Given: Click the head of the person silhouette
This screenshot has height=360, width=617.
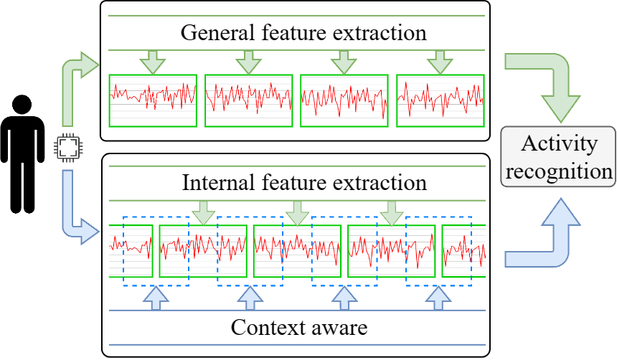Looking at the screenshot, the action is point(22,105).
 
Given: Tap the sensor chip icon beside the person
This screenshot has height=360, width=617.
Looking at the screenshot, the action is point(68,148).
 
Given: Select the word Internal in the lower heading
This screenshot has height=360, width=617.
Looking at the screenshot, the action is point(218,183).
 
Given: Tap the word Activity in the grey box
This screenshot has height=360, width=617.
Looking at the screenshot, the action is point(559,144).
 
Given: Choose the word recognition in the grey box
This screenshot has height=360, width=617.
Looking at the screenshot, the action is point(559,171).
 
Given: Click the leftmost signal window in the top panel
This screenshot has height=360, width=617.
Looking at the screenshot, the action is point(153,100).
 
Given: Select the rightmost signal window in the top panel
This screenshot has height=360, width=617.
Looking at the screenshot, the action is point(441,100).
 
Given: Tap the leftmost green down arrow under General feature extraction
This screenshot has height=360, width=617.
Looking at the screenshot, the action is point(153,62).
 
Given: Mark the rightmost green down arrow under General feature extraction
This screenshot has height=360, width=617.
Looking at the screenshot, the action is point(440,62).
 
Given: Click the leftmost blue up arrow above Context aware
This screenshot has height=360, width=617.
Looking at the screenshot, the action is point(156,298).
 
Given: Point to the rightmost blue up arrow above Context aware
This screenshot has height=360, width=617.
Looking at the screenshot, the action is point(438,298).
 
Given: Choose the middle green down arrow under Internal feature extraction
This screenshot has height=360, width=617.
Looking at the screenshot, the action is point(298,213).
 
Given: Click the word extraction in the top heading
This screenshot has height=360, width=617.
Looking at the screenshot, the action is point(380,33).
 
